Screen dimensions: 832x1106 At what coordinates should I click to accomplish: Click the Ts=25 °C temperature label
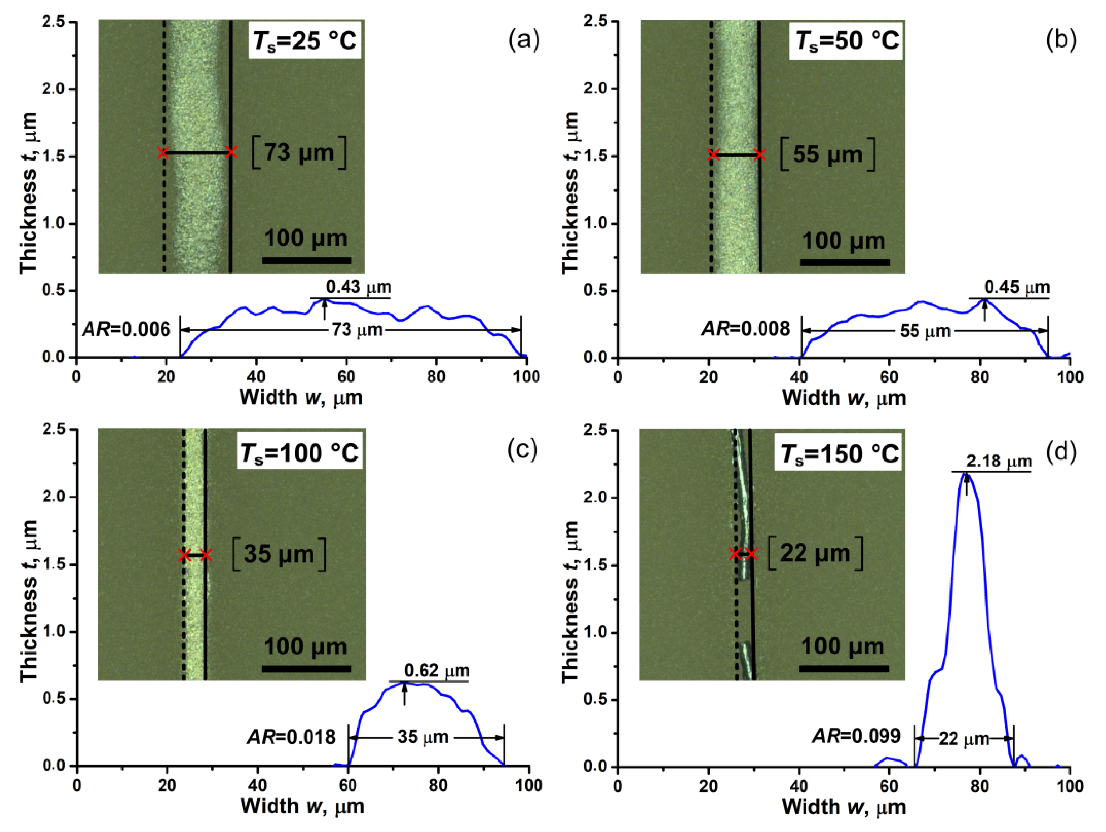[305, 40]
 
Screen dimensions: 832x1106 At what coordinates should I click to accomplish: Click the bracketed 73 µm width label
[299, 153]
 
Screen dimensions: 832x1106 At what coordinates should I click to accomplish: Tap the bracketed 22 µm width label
[815, 553]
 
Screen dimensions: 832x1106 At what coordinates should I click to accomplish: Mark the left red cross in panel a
[163, 152]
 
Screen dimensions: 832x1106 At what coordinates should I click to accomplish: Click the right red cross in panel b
[760, 154]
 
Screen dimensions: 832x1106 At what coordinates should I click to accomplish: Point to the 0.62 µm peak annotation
[436, 670]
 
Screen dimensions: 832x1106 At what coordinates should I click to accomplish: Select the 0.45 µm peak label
[1017, 287]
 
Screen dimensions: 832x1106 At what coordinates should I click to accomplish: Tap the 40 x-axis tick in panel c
[257, 784]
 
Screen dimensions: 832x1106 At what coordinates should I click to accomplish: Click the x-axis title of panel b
[844, 398]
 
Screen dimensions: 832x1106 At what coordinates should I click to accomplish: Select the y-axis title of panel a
[29, 192]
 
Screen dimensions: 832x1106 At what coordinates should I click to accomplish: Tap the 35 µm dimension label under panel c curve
[423, 737]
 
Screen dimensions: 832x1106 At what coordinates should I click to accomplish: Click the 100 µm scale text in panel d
[843, 646]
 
